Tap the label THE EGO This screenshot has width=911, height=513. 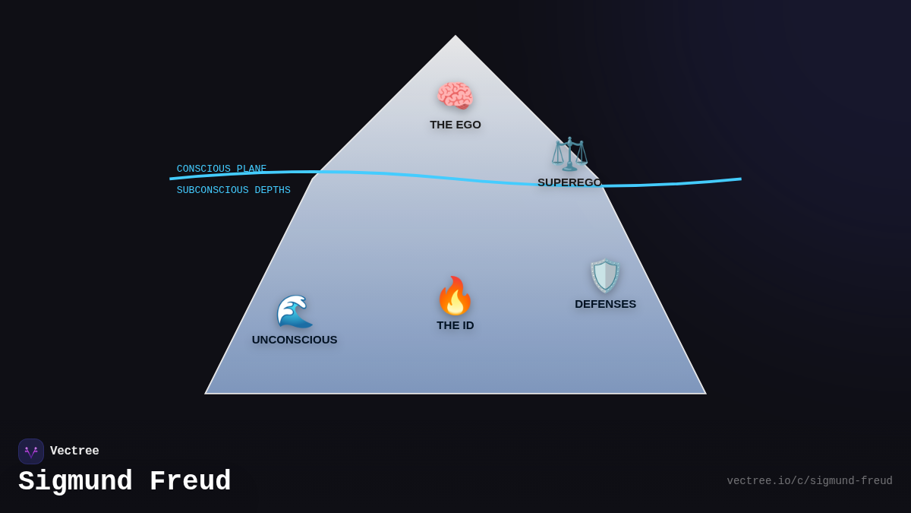point(455,125)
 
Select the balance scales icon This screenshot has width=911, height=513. point(569,154)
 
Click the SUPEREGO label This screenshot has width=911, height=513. point(569,182)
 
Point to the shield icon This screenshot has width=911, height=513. point(605,276)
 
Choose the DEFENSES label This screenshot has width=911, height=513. point(605,304)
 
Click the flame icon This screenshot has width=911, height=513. point(455,296)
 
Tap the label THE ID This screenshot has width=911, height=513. point(455,325)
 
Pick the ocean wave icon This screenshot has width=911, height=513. point(295,311)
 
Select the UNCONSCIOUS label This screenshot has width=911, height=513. point(295,340)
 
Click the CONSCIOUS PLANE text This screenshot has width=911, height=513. point(222,169)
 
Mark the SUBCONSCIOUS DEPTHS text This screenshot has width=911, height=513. point(234,190)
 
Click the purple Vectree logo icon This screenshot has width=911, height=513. point(31,451)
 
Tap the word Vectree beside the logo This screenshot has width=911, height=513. point(74,451)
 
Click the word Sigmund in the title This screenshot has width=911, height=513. point(75,482)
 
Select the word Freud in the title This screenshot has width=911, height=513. point(191,482)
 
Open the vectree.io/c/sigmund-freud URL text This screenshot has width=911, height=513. point(809,481)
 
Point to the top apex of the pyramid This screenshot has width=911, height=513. point(455,36)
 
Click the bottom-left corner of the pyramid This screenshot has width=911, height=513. point(206,393)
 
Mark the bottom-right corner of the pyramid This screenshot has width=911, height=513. point(705,393)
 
